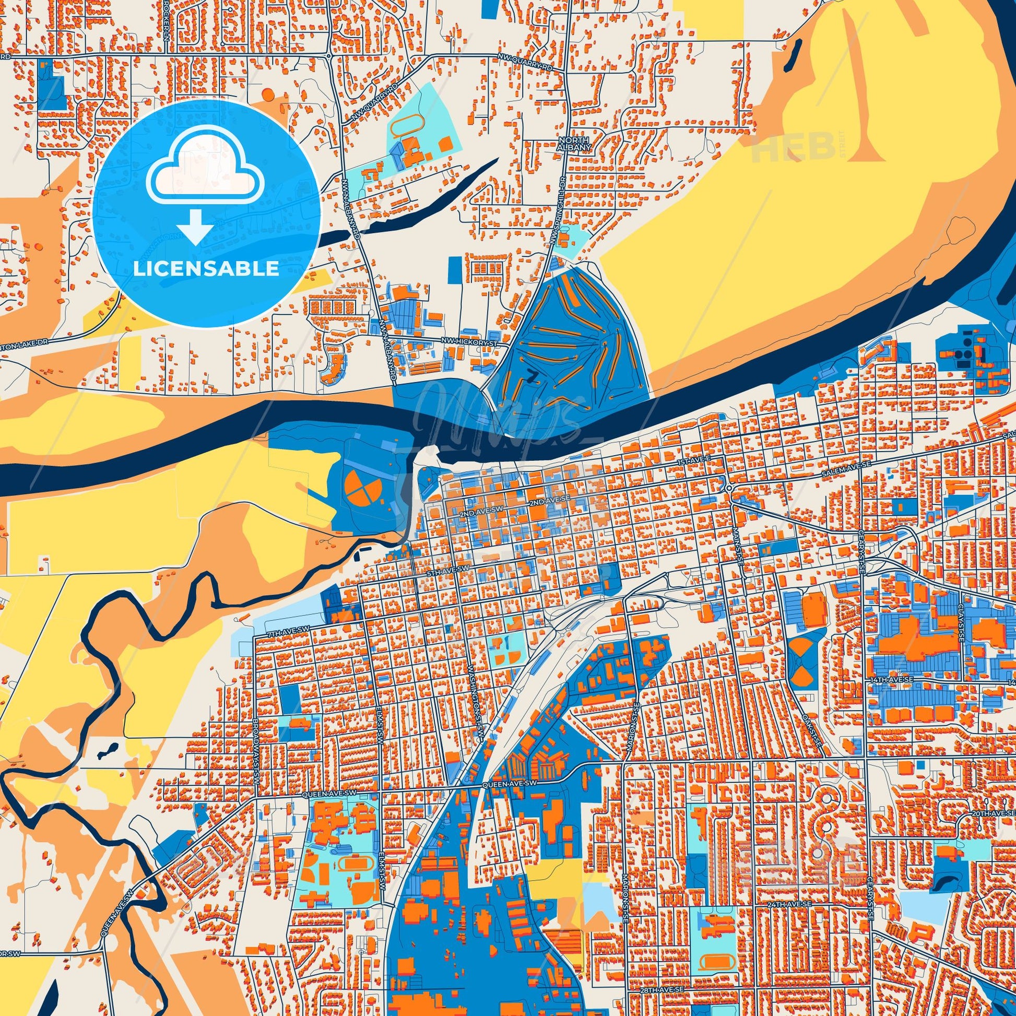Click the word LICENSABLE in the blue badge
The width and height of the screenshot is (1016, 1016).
[x=206, y=269]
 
